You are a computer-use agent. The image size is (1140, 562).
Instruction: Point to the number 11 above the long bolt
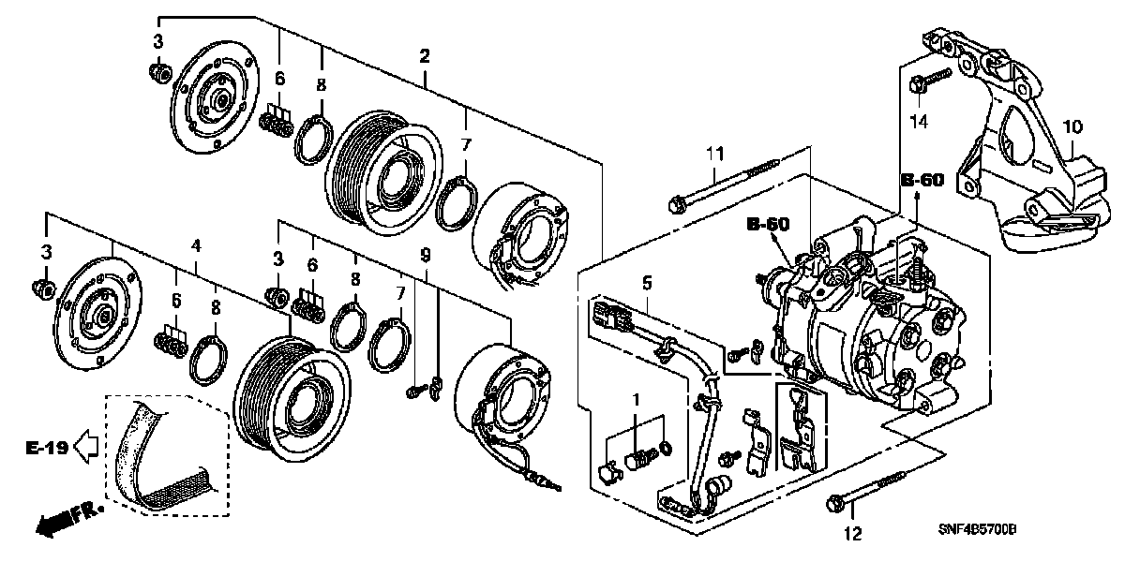coord(716,153)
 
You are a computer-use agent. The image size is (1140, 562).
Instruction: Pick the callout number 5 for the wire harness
coord(646,282)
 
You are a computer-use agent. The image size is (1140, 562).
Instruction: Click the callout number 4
coord(196,245)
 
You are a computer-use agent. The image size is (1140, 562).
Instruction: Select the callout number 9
coord(425,254)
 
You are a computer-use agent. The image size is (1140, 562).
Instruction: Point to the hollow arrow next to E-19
coord(87,449)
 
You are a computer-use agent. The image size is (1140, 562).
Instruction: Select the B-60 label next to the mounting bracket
coord(923,180)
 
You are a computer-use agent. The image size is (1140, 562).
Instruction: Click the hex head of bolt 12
coord(834,507)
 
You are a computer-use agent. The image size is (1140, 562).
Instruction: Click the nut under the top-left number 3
coord(159,72)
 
